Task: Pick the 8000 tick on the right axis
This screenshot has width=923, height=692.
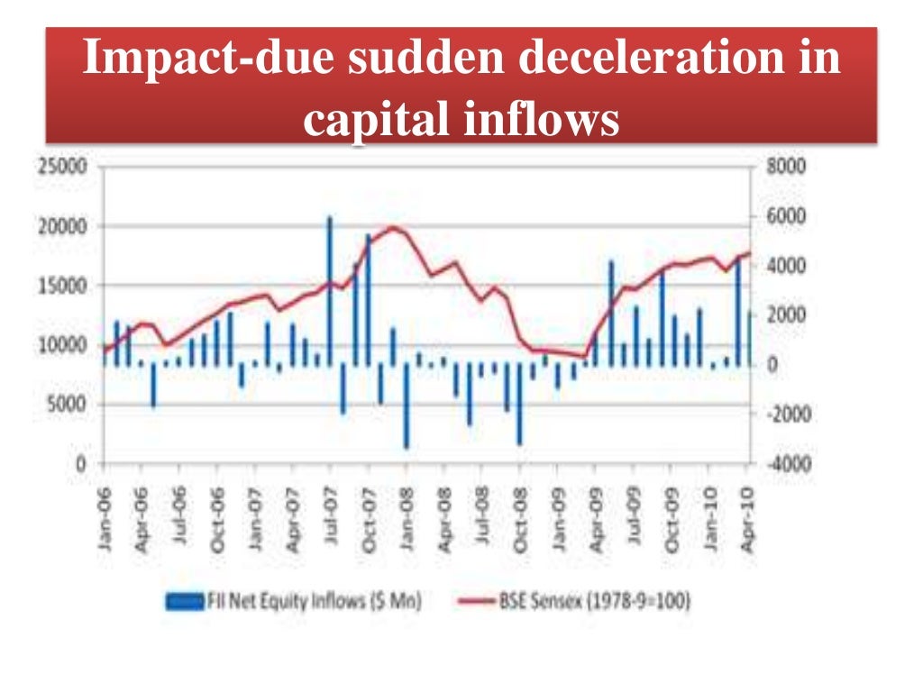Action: click(785, 167)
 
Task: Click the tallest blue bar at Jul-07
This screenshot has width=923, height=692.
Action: click(330, 288)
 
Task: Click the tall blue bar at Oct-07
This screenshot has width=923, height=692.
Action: click(368, 297)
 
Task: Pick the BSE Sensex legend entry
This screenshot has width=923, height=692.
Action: click(595, 601)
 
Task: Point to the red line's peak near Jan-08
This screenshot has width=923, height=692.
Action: click(393, 228)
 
